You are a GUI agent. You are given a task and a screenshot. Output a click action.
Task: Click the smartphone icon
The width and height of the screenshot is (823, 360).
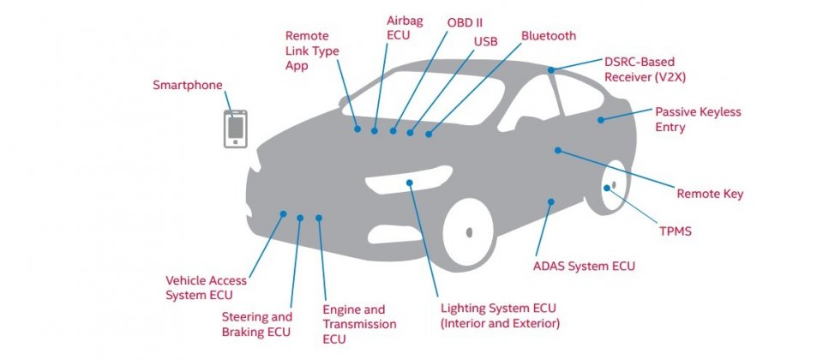236,129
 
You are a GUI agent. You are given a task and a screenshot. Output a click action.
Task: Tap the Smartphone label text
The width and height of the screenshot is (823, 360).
188,85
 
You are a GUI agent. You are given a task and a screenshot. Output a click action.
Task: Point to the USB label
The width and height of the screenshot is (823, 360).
485,40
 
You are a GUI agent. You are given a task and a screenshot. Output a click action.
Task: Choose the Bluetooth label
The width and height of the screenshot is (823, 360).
549,36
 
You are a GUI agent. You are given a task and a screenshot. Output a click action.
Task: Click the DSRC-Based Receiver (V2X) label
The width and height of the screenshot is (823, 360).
646,69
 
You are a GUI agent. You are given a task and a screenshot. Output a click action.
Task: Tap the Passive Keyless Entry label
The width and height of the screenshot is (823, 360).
698,119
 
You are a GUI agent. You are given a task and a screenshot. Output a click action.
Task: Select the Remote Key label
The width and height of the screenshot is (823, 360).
710,194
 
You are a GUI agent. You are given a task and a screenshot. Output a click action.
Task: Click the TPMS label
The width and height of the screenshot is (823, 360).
675,231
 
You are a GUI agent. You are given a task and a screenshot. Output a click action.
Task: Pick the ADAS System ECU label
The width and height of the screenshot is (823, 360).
584,266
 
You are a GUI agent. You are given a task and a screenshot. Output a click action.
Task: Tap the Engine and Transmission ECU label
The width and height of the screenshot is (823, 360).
359,324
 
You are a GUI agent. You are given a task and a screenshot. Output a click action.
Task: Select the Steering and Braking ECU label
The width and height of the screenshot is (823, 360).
256,324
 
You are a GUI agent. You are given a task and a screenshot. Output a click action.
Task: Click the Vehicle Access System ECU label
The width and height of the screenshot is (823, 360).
206,287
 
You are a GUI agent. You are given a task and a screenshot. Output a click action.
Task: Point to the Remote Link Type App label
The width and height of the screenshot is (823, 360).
312,51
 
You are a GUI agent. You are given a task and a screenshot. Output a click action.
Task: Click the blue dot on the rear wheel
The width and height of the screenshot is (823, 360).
607,188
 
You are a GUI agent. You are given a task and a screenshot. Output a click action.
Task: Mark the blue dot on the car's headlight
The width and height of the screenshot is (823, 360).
411,182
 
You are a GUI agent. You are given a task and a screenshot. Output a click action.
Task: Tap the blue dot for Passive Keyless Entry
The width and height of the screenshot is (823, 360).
601,119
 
